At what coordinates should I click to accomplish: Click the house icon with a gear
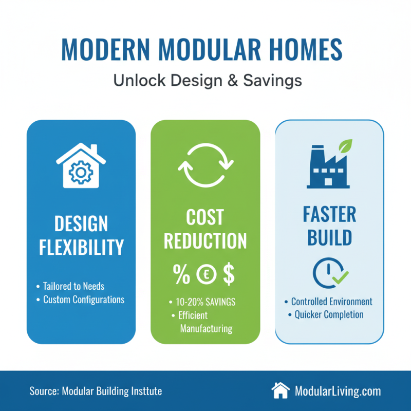[x=81, y=165]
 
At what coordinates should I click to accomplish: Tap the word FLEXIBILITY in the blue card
[x=81, y=247]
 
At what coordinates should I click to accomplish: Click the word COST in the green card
[x=205, y=217]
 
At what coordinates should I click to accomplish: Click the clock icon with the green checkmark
[x=329, y=272]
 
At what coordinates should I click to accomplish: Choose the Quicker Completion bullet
[x=329, y=314]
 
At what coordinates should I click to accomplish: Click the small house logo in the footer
[x=281, y=390]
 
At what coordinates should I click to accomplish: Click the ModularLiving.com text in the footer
[x=338, y=391]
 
